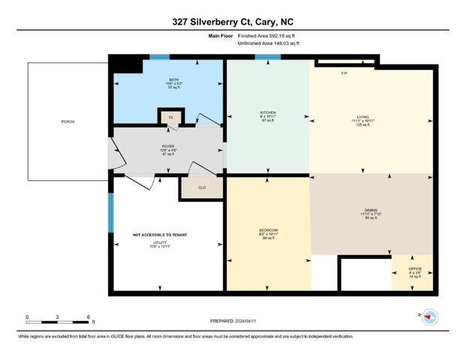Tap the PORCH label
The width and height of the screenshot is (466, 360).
[68, 121]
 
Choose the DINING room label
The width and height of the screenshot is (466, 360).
[371, 212]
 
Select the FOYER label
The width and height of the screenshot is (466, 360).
[169, 147]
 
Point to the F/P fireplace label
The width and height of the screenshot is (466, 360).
[344, 73]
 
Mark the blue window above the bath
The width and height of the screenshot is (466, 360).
[158, 57]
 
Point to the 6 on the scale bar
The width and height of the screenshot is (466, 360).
[89, 316]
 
